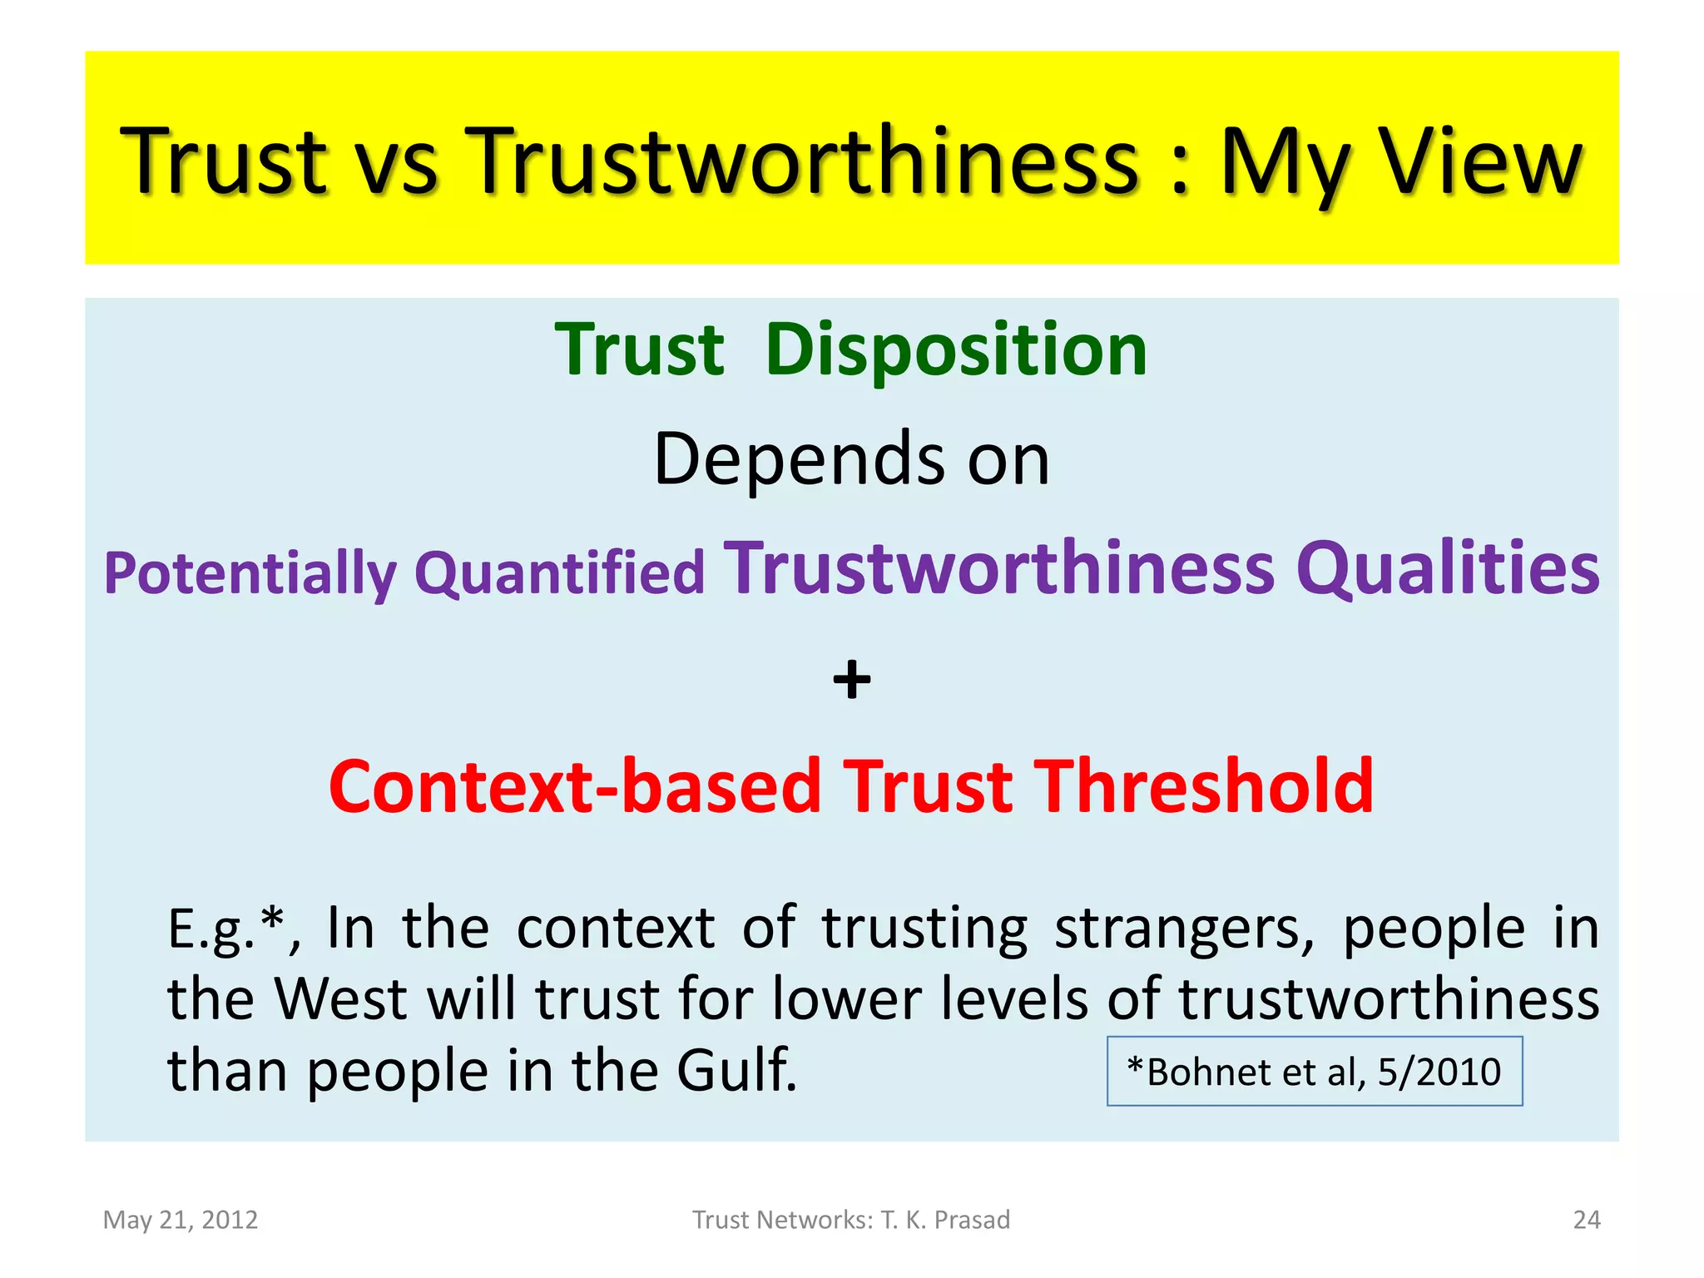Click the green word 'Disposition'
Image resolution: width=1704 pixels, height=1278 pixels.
(x=955, y=350)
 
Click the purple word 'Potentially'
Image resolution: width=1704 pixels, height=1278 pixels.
(x=250, y=574)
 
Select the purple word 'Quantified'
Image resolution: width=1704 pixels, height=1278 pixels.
(x=559, y=574)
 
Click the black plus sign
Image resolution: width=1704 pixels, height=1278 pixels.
(x=851, y=680)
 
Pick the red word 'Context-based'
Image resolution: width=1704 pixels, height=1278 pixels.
(x=575, y=786)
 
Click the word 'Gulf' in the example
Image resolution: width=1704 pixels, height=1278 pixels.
(x=736, y=1070)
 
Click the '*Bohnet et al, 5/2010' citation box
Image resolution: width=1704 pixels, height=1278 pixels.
(x=1314, y=1072)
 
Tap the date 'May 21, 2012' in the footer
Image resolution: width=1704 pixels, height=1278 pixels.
(x=180, y=1220)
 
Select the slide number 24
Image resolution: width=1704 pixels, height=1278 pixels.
(x=1586, y=1220)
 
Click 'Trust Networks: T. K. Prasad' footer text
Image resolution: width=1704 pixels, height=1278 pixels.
(x=851, y=1220)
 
